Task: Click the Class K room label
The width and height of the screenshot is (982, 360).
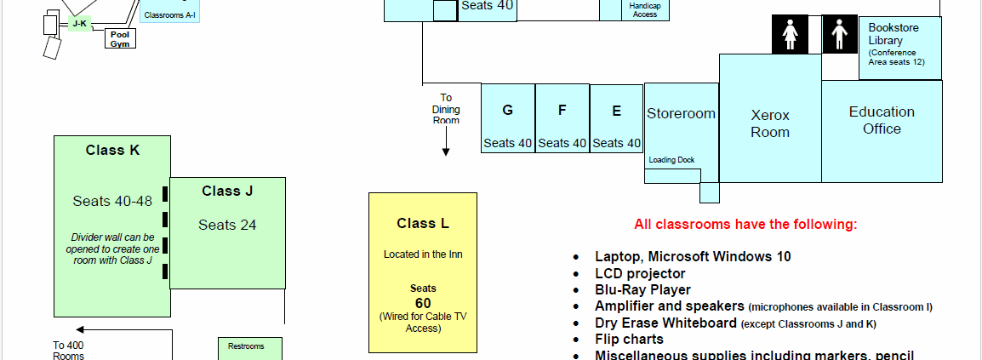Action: [x=112, y=151]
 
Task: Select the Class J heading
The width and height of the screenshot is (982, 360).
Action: [x=227, y=191]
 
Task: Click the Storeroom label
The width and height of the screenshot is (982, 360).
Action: [x=681, y=113]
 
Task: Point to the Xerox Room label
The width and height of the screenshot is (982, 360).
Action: [x=770, y=123]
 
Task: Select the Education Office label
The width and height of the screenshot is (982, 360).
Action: [x=882, y=120]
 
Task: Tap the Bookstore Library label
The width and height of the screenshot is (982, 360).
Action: [x=894, y=34]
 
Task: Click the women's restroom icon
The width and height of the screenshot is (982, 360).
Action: [x=790, y=34]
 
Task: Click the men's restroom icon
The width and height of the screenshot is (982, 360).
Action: [x=840, y=34]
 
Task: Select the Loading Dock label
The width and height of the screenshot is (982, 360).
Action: [x=671, y=160]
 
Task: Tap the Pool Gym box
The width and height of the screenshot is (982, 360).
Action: [x=120, y=39]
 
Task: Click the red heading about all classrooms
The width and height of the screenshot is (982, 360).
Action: [x=745, y=225]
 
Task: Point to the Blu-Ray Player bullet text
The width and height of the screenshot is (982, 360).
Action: [x=642, y=289]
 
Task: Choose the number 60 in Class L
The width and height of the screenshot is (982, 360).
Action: [x=423, y=303]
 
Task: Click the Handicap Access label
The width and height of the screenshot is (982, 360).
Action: [x=645, y=10]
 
